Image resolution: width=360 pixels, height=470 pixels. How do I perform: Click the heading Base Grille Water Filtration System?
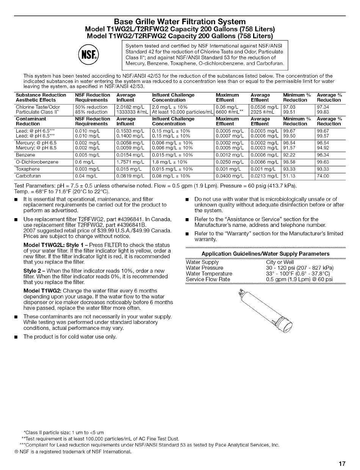click(x=180, y=21)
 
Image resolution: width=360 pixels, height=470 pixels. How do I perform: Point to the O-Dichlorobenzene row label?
click(x=37, y=162)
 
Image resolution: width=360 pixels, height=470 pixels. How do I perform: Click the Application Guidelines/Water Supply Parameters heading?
click(x=265, y=254)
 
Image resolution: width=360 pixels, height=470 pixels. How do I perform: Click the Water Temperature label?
click(x=209, y=274)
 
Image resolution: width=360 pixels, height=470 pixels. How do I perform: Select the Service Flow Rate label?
click(x=208, y=280)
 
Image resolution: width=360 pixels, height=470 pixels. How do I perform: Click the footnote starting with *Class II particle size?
click(x=64, y=433)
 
